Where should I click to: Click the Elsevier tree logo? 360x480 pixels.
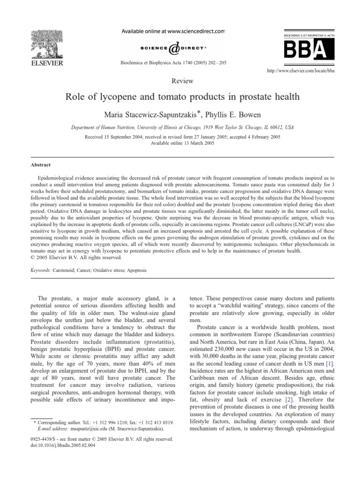(x=48, y=43)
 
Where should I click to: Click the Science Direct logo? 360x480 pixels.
(x=173, y=47)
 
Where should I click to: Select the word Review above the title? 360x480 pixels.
(x=183, y=81)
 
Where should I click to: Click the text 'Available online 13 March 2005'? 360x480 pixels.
(x=183, y=143)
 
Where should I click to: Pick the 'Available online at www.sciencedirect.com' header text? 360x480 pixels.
(x=173, y=31)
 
